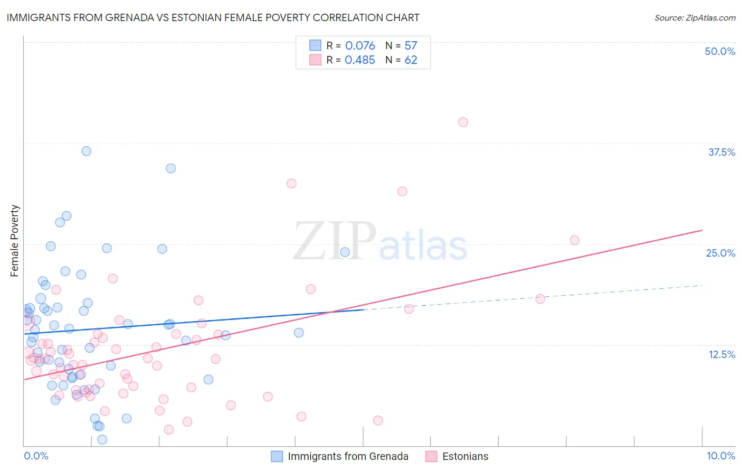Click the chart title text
coord(213,17)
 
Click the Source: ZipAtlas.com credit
coord(695,18)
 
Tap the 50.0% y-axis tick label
coord(720,51)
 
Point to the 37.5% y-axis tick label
coord(721,152)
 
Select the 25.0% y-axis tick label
coord(720,253)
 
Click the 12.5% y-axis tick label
coord(721,354)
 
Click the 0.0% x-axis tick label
coord(36,456)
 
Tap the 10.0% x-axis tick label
coord(721,456)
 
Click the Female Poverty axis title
coord(15,241)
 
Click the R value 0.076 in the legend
coord(360,46)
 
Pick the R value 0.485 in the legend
coord(360,60)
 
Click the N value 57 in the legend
coord(411,46)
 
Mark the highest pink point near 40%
coord(463,122)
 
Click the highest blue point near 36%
coord(87,151)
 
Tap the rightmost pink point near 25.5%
coord(575,240)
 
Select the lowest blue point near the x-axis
coord(102,439)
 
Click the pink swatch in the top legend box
coord(315,60)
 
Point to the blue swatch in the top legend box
coord(315,45)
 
